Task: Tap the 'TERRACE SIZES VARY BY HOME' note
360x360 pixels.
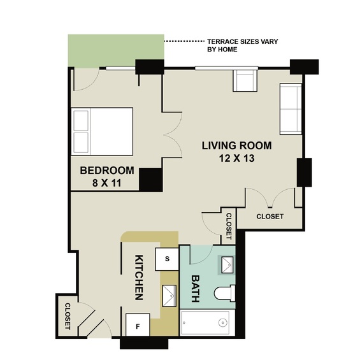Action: (243, 45)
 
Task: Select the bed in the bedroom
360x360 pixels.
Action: (102, 131)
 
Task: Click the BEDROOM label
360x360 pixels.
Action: (107, 170)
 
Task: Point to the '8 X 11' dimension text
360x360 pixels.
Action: (107, 183)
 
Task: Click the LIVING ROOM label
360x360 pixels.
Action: (237, 145)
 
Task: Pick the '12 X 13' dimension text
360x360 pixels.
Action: (237, 158)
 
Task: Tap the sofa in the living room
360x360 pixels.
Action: (291, 109)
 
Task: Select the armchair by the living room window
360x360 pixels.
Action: (245, 80)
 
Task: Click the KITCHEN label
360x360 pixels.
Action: (139, 277)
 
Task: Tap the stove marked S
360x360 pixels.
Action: (167, 259)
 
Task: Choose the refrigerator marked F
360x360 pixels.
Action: (138, 326)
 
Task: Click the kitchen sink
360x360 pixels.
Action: (169, 296)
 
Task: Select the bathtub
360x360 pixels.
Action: (207, 322)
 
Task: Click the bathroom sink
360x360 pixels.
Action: (227, 265)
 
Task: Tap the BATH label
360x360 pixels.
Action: (196, 289)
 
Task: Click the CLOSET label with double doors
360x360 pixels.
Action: (270, 216)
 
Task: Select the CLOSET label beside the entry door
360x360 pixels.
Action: (68, 317)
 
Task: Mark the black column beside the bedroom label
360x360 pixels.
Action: (151, 180)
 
